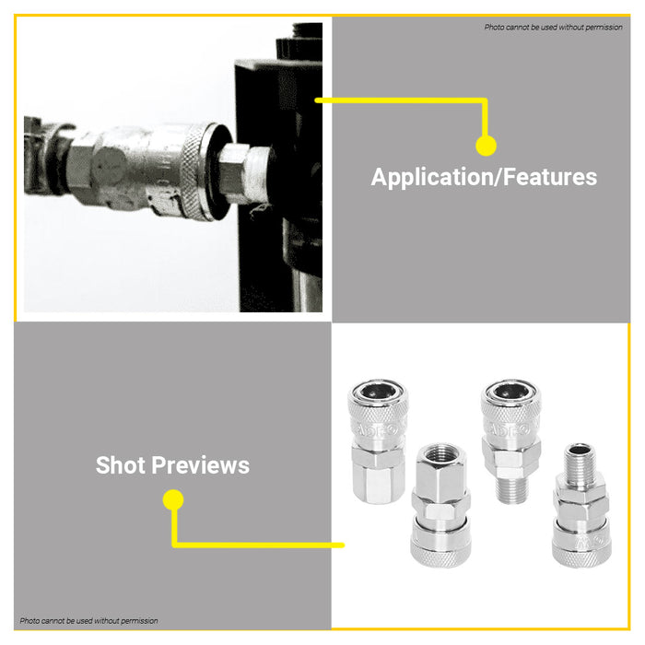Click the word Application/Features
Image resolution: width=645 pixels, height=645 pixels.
(x=484, y=177)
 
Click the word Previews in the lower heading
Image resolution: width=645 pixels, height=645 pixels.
(x=203, y=465)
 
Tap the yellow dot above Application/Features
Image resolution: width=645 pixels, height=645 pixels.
(x=486, y=146)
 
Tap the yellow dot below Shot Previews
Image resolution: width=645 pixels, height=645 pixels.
(x=172, y=500)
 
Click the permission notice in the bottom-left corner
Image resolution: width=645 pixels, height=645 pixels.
(x=89, y=620)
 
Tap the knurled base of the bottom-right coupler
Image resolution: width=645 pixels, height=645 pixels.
(x=580, y=550)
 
